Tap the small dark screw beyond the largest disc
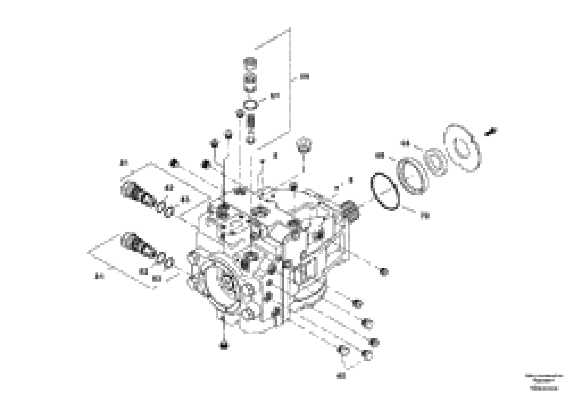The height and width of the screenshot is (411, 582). click(491, 132)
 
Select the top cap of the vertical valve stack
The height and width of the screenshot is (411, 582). click(250, 62)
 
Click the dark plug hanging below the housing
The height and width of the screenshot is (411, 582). click(224, 345)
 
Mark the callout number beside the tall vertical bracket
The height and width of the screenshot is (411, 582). click(304, 76)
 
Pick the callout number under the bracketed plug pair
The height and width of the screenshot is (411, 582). click(341, 376)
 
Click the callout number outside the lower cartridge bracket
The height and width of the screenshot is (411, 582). click(100, 277)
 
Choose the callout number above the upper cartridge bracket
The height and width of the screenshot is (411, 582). click(124, 163)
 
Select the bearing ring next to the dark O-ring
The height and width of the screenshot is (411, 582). click(413, 176)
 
